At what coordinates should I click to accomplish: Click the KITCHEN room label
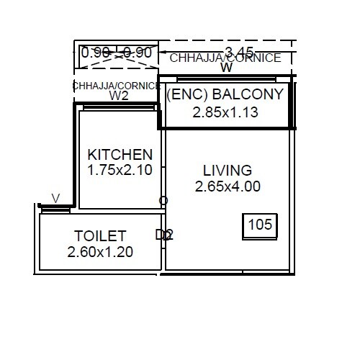coord(120,154)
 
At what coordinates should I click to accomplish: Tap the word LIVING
coord(228,171)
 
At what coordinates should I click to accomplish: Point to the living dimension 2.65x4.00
coord(228,186)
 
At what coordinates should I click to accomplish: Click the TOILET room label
coord(100,236)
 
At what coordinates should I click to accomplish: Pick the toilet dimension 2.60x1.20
coord(100,252)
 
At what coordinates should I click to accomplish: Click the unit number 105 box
coord(260,225)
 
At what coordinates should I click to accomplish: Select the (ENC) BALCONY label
coord(225,94)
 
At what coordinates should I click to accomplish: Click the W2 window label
coord(119,95)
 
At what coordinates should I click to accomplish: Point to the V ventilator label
coord(55,198)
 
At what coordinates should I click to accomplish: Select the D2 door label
coord(164,235)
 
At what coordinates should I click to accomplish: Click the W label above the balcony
coord(226,68)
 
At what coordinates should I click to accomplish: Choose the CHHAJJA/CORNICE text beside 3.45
coord(225,58)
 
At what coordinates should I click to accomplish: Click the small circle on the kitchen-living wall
coord(163,200)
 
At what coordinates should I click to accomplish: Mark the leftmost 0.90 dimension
coord(95,53)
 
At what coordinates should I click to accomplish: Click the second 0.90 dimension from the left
coord(137,53)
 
